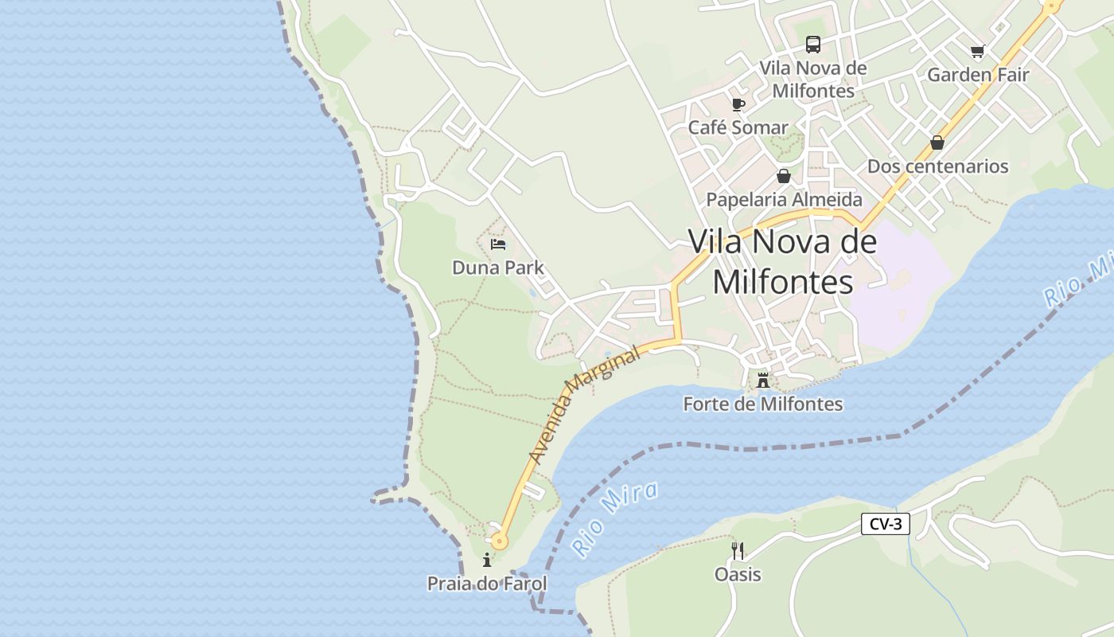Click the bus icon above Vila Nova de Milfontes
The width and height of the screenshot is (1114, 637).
coord(812,45)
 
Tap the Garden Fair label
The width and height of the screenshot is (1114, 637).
coord(978,75)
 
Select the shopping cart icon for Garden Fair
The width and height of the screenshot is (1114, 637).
coord(977,52)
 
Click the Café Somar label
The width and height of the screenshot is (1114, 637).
coord(738,127)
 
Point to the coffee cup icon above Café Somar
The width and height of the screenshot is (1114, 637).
coord(738,104)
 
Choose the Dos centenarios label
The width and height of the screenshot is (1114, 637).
coord(937,166)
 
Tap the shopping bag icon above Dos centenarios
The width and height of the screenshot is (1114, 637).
coord(937,143)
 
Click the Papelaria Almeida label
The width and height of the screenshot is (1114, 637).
coord(784,199)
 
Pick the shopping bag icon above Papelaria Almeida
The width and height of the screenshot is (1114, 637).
coord(784,176)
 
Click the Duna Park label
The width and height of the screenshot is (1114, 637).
coord(498,268)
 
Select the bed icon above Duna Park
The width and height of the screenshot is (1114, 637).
coord(498,244)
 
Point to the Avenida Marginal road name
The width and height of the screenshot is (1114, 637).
coord(584,405)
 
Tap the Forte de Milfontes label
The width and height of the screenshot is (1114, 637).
coord(762,404)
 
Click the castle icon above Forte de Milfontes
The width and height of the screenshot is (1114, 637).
coord(763,381)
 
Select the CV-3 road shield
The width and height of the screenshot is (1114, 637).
coord(885,524)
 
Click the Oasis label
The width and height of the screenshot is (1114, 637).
coord(738,574)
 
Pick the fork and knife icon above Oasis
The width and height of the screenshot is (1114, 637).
coord(738,551)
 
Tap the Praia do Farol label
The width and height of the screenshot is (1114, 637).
coord(487,584)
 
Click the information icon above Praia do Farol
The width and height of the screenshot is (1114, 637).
coord(487,561)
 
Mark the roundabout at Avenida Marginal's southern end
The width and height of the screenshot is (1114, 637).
coord(499,541)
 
